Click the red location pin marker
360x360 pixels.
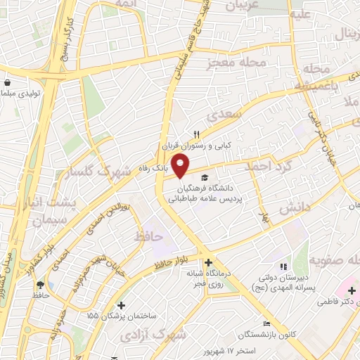point(181,166)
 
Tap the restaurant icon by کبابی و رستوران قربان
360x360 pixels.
point(198,135)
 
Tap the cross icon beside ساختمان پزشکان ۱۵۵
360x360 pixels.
point(122,305)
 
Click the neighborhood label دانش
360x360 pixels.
point(295,208)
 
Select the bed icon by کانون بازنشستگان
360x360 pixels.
point(266,323)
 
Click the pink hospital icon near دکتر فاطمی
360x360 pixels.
point(345,290)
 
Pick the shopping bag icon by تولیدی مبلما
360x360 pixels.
point(7,82)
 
